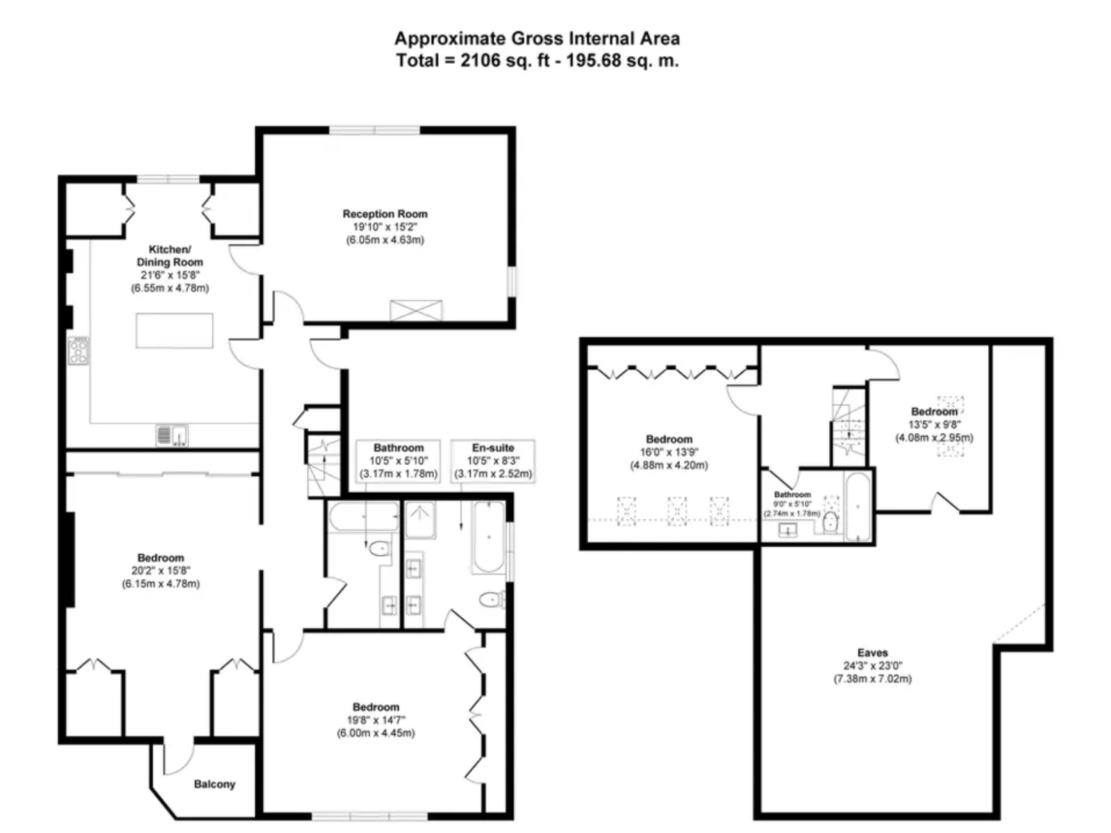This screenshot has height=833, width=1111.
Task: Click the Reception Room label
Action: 385,214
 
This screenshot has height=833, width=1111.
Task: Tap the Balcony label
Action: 214,784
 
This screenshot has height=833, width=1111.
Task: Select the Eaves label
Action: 872,653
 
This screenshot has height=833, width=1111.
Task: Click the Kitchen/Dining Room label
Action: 169,256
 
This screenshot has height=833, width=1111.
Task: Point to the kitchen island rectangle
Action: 174,330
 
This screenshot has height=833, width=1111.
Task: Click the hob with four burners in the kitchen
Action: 79,351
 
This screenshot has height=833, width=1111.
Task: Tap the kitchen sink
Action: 172,435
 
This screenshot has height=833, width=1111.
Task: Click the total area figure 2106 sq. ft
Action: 505,60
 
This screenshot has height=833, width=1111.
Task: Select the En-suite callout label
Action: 492,448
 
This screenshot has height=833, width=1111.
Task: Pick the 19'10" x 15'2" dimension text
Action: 385,227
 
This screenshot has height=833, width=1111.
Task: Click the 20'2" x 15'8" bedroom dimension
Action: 160,571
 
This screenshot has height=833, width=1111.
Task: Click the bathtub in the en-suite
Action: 488,537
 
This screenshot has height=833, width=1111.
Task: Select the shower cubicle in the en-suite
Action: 419,519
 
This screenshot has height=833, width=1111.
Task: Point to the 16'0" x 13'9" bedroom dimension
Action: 669,452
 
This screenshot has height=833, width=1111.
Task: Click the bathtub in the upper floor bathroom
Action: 858,506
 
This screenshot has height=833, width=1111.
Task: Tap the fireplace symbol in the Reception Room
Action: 415,310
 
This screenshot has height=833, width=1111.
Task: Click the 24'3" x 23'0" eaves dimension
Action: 872,666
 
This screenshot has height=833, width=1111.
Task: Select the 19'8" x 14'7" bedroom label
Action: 376,707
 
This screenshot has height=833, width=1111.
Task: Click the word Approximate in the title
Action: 449,39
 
